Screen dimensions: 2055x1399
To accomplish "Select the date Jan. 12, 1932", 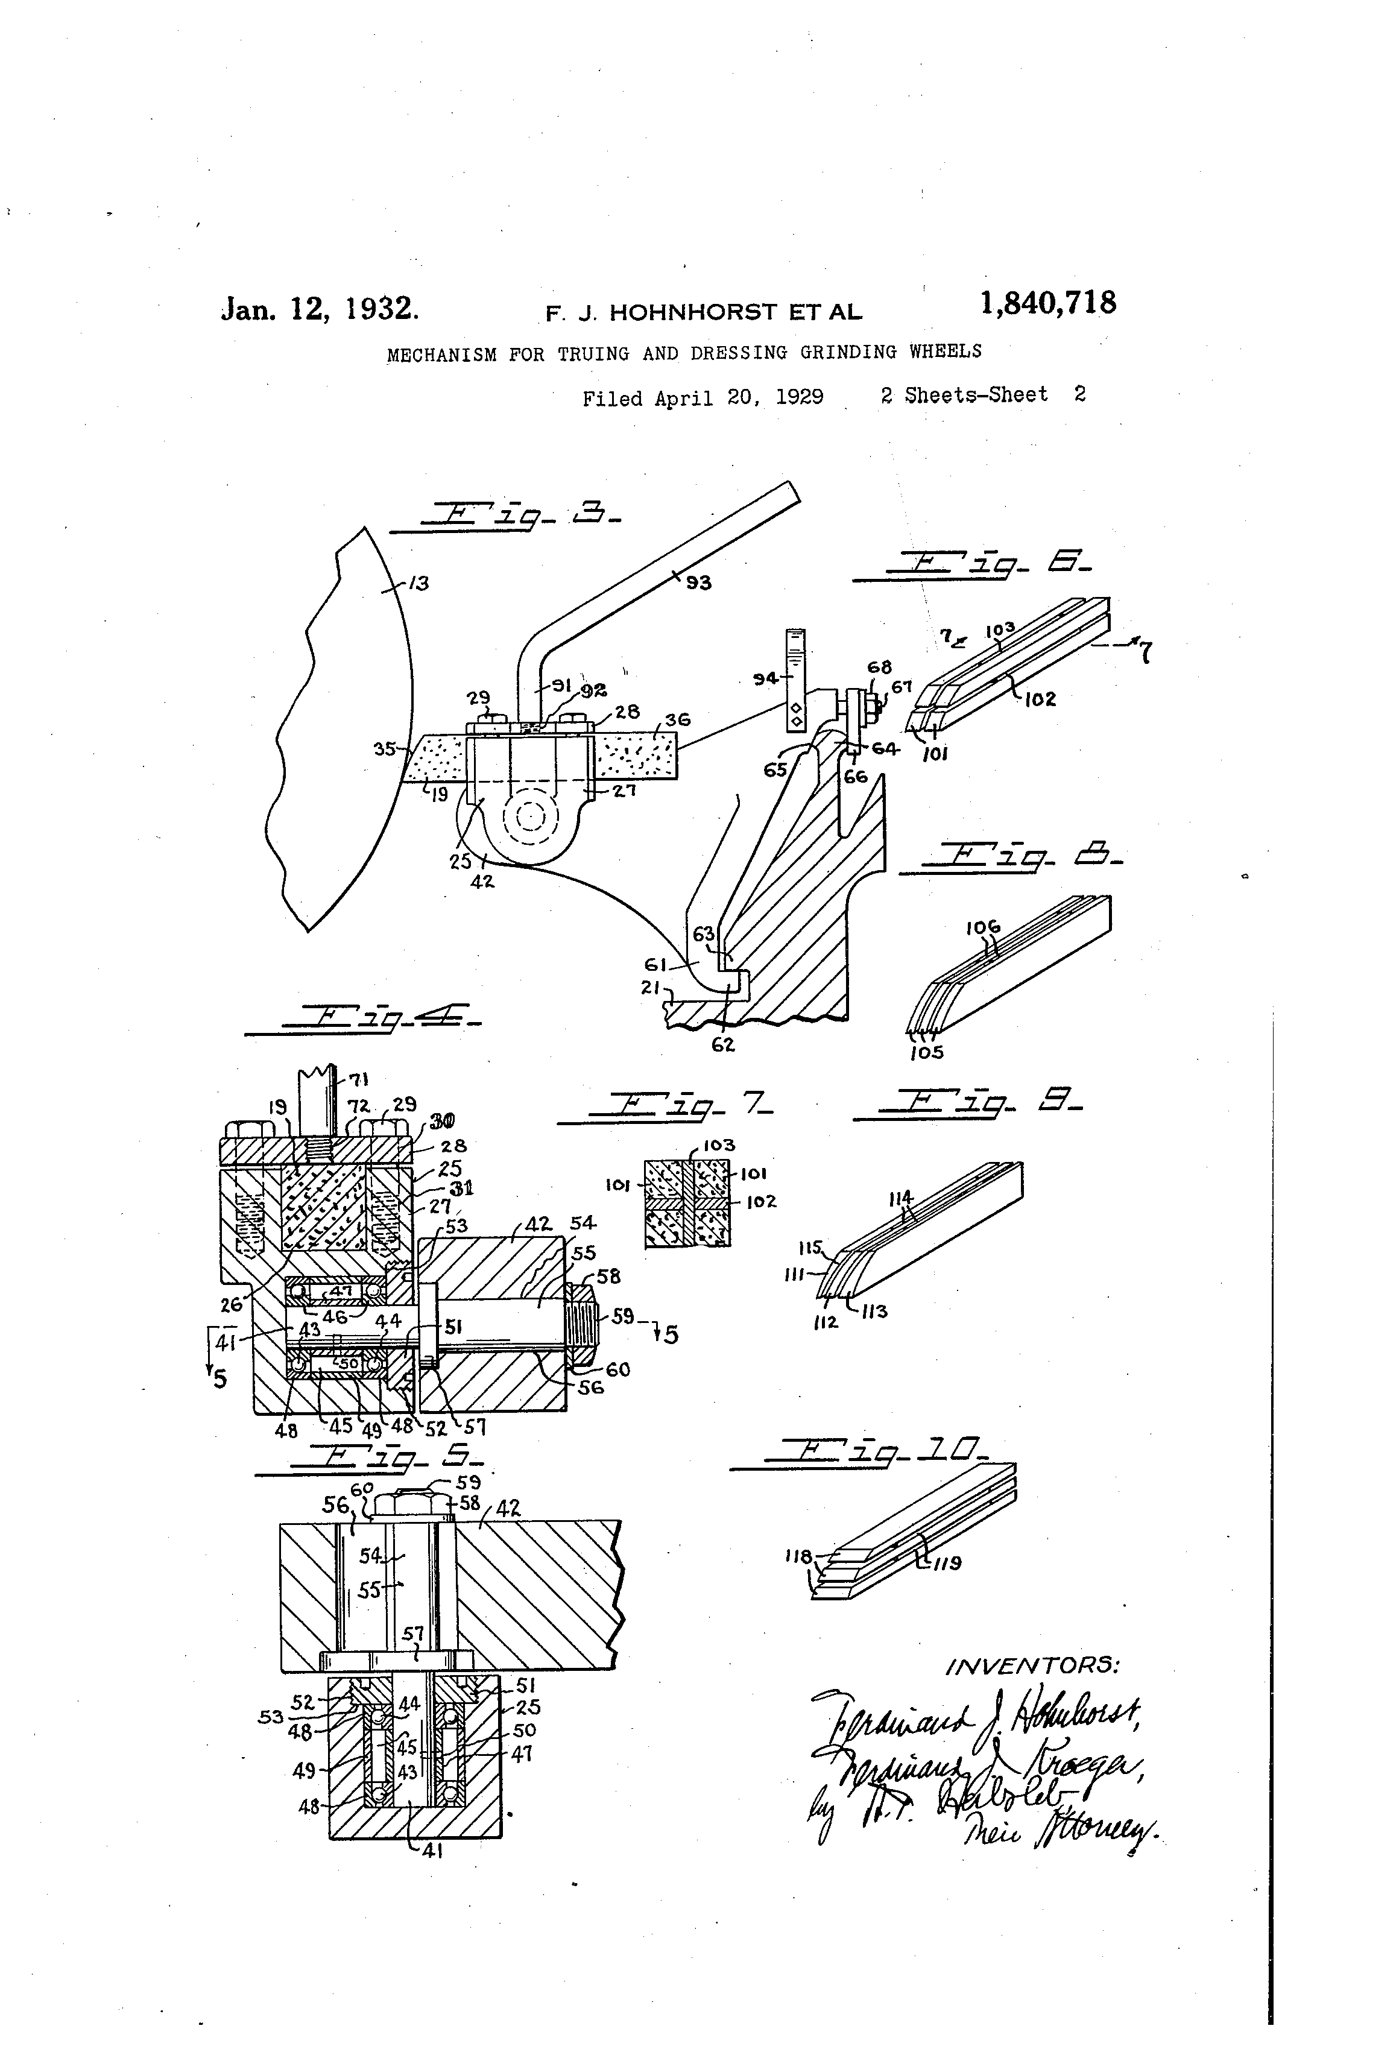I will (x=319, y=309).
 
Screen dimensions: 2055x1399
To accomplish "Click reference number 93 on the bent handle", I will (x=699, y=582).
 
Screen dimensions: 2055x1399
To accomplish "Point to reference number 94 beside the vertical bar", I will (x=764, y=678).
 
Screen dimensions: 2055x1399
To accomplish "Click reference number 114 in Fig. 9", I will (x=900, y=1198).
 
